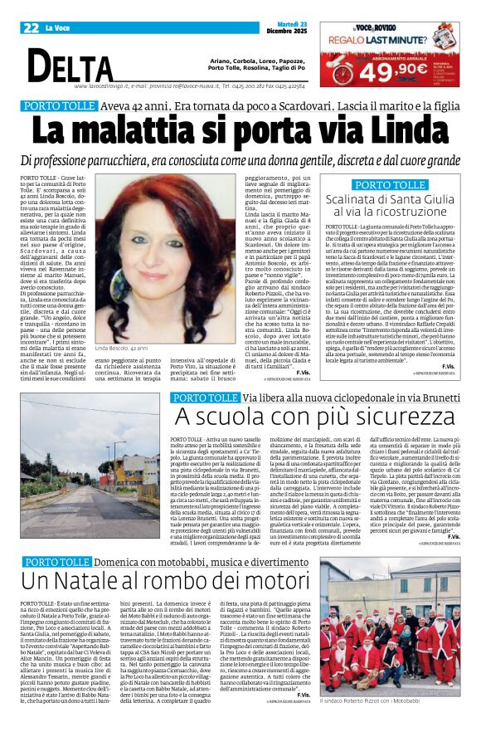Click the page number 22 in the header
pos(30,28)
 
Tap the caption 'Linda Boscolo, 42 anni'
pos(124,349)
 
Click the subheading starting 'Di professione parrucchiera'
pos(240,159)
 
